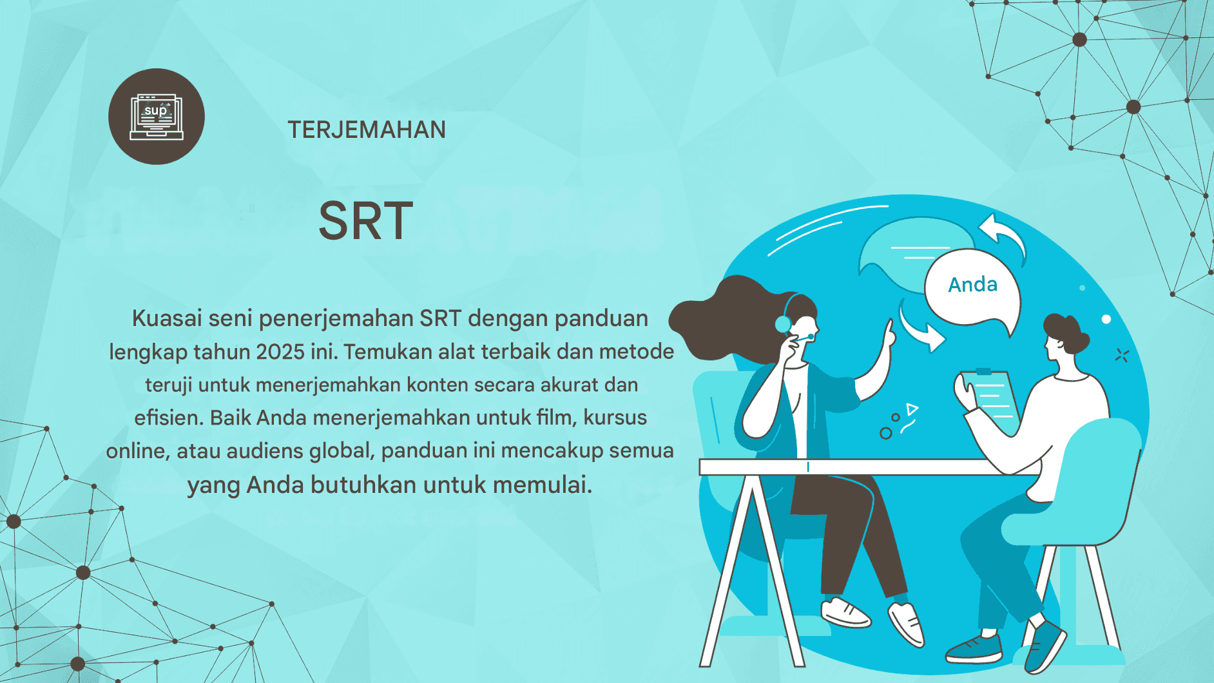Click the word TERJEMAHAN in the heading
tap(367, 130)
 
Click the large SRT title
tap(366, 221)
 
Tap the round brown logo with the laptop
tap(157, 117)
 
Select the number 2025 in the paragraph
tap(280, 352)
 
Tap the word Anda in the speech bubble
tap(972, 284)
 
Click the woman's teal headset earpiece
tap(783, 323)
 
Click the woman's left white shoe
tap(846, 611)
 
